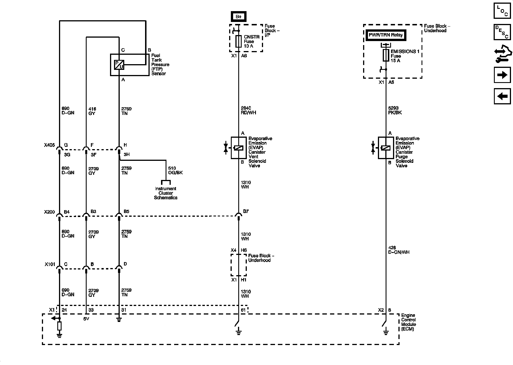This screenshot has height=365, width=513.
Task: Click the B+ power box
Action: [238, 17]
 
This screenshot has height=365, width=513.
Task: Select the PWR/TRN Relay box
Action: [386, 35]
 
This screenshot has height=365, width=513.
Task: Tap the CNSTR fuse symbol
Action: [239, 41]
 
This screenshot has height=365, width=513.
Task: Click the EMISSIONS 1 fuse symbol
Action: [386, 55]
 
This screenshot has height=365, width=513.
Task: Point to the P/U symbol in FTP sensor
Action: [119, 65]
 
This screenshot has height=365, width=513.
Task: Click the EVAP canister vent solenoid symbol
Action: [239, 148]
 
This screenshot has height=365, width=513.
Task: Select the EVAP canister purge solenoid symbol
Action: [386, 148]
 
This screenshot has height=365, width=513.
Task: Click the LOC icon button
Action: [502, 11]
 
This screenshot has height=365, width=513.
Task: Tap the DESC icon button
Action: [502, 32]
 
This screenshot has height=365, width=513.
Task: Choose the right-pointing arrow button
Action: [502, 75]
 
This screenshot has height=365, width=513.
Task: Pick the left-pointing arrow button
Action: [502, 96]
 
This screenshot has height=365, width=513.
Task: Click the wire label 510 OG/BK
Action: [176, 171]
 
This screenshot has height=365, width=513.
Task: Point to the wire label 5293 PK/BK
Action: [395, 111]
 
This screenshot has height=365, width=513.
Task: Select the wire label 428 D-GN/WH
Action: [399, 250]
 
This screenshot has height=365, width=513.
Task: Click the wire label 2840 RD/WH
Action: [248, 110]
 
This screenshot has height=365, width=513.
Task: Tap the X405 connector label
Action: [49, 145]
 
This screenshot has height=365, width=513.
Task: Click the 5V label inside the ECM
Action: [86, 319]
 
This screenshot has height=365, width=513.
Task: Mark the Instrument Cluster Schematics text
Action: [166, 193]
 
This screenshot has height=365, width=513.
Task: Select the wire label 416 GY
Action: [92, 111]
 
